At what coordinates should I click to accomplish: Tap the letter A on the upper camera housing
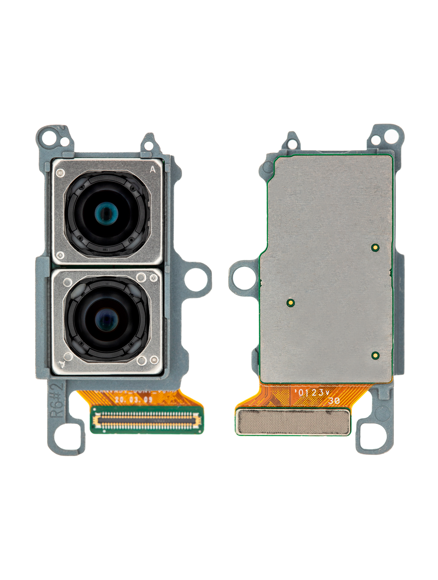[153, 169]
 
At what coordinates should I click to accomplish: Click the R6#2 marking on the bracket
[57, 400]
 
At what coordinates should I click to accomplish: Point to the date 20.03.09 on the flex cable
[134, 400]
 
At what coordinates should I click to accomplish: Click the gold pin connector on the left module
[147, 420]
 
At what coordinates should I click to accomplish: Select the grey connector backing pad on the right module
[293, 422]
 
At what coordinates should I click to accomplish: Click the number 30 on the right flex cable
[334, 401]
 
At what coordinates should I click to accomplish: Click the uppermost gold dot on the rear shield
[375, 248]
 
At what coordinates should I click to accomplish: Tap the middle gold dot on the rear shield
[290, 303]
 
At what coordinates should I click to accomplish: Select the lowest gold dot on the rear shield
[375, 355]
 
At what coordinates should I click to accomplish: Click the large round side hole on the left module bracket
[197, 279]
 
